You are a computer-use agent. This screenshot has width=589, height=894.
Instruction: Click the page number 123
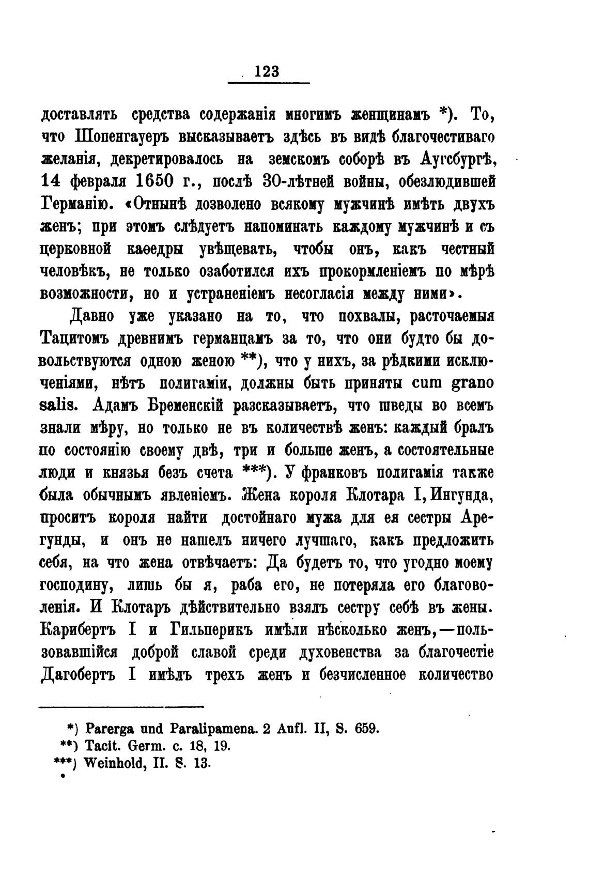267,71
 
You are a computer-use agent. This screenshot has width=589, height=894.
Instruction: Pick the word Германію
74,204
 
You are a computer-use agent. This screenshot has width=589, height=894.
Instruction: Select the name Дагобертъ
80,675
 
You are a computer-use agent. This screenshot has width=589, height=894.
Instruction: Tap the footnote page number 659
367,729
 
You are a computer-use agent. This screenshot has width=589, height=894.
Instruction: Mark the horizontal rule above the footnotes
122,706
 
